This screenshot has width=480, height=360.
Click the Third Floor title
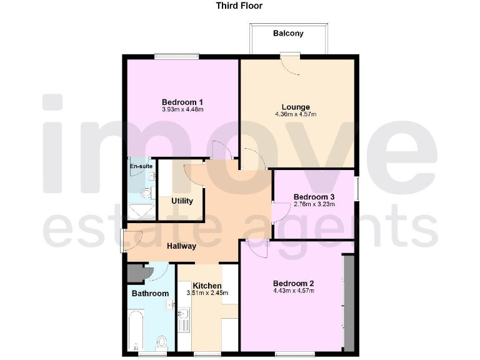point(239,6)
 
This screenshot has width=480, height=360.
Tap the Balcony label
point(288,33)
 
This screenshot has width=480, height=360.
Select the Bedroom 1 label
point(182,102)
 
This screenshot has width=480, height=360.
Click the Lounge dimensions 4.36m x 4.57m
point(296,114)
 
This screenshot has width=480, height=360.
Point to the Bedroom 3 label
point(314,197)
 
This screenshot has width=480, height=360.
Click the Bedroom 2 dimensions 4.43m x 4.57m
point(293,291)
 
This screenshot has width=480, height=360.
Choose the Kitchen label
point(207,286)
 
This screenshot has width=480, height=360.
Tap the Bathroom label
point(150,293)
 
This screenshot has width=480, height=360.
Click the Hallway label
point(181,246)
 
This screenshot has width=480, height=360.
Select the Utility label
point(182,201)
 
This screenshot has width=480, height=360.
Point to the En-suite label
point(141,167)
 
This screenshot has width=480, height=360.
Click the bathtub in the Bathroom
point(136,332)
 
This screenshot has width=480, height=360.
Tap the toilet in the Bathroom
point(162,342)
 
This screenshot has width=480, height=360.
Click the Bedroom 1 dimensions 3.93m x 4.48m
point(182,110)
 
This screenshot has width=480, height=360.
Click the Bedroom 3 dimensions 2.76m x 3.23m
point(314,204)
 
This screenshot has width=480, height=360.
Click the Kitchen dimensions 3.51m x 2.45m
point(207,293)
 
